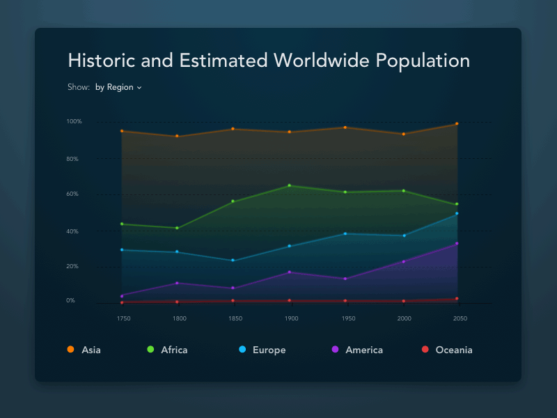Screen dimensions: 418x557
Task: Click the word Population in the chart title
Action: click(423, 61)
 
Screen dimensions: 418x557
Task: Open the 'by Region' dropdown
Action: click(118, 88)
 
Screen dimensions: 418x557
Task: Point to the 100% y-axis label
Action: click(74, 122)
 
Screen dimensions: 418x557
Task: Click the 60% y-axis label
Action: click(72, 194)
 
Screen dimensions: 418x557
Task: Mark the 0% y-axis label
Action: click(70, 301)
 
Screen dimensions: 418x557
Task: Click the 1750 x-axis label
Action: click(123, 318)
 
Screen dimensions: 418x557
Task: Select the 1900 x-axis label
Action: click(291, 318)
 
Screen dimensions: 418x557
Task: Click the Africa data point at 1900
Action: click(289, 185)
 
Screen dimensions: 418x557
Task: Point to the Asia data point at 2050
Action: click(457, 124)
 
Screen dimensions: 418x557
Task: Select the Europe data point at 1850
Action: click(233, 261)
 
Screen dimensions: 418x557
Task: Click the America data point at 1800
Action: click(177, 283)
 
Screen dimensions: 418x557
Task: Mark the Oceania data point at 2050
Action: click(457, 299)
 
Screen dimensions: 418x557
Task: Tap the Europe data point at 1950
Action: click(345, 233)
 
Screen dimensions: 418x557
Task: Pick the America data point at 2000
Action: click(403, 262)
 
